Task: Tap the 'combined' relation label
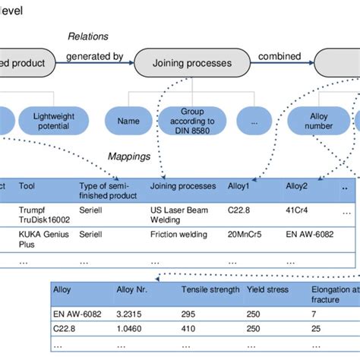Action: (279, 55)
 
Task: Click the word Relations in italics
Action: (88, 36)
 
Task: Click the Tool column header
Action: (27, 185)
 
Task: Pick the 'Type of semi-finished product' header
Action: (105, 189)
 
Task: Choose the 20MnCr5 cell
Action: (245, 235)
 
